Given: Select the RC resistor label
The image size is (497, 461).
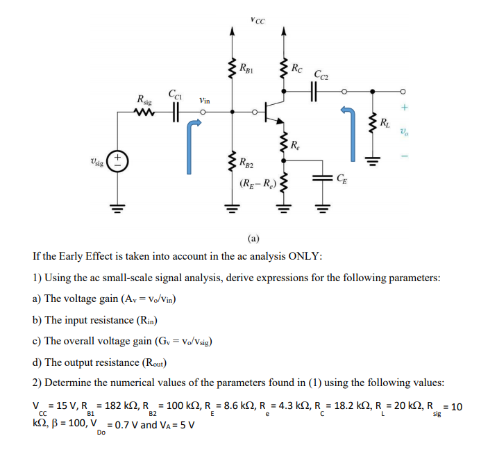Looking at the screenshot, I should [x=296, y=67].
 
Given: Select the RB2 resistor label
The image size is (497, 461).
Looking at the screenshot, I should [x=246, y=164].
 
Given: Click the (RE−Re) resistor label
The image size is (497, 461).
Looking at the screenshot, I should [x=257, y=184].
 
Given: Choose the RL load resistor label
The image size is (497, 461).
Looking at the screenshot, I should [x=384, y=124].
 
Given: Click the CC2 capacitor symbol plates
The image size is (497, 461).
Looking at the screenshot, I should [x=313, y=91].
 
